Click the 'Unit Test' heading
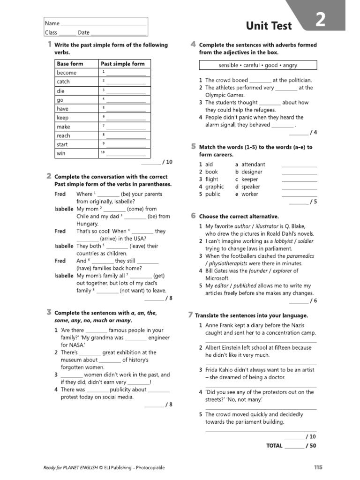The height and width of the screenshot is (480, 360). click(269, 26)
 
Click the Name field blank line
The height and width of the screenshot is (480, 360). click(104, 23)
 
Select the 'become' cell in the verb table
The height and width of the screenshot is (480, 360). click(67, 73)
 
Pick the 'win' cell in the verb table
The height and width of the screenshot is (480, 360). click(61, 153)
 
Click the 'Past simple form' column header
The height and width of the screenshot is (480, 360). click(123, 64)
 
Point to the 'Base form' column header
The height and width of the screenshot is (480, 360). click(70, 64)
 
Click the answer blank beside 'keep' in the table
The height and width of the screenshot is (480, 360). click(126, 118)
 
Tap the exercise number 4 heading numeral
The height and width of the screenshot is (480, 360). click(193, 45)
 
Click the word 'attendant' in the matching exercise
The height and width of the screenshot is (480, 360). click(253, 165)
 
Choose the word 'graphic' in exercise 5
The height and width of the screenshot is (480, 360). click(215, 187)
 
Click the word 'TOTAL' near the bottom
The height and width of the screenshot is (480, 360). click(274, 446)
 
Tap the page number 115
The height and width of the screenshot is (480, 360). click(318, 467)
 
